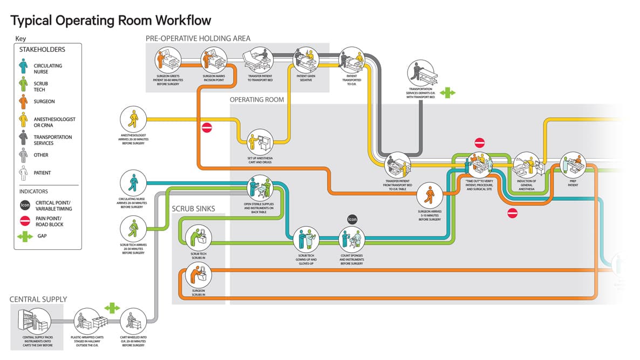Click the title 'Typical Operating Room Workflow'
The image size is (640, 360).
111,21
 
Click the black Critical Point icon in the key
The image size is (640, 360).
25,205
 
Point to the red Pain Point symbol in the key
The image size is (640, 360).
25,220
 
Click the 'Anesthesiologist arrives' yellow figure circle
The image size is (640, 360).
133,119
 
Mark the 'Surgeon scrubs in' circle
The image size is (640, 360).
198,276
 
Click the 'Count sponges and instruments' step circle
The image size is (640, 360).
352,239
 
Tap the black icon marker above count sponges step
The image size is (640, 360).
352,219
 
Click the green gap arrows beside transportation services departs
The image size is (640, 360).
447,93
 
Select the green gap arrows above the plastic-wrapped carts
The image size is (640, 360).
112,308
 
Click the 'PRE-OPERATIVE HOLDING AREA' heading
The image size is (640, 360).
198,38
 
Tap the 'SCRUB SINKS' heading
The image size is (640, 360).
193,208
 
